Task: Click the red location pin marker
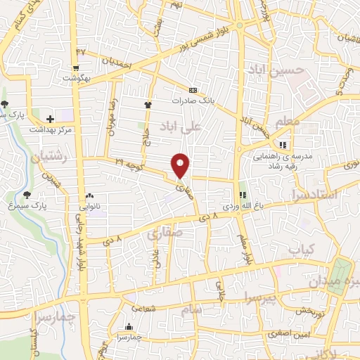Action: tap(181, 165)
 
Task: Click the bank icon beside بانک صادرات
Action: tap(193, 90)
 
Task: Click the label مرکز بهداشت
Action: tap(49, 130)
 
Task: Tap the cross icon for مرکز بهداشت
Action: tap(49, 119)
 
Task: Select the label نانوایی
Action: tap(89, 207)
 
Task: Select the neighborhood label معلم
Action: tap(287, 122)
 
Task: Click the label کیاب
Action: tap(300, 249)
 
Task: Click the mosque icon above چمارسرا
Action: tap(129, 326)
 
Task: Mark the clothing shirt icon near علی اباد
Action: tap(148, 105)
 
